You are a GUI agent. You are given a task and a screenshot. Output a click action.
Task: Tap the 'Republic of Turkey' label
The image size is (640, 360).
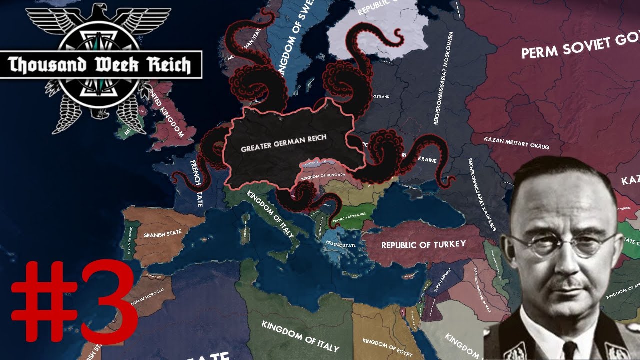[423, 244]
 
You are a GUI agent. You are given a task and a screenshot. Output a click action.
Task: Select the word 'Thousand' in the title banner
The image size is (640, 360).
[40, 65]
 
